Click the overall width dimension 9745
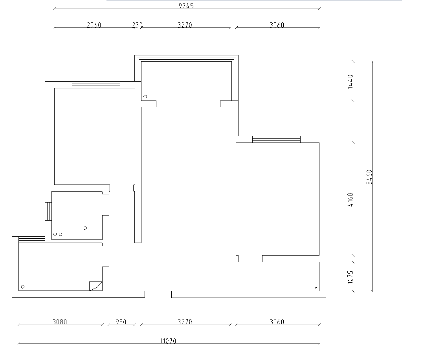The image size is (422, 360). click(186, 5)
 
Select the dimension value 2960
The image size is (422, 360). click(94, 25)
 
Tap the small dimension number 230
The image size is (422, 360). click(137, 25)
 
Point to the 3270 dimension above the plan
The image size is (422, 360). click(185, 25)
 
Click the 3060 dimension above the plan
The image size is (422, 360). click(277, 25)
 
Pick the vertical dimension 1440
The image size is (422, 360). click(350, 82)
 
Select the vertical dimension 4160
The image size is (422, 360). click(350, 199)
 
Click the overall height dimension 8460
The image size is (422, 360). click(369, 177)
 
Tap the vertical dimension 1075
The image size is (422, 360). click(350, 277)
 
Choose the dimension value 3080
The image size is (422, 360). click(60, 322)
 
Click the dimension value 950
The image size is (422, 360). click(121, 322)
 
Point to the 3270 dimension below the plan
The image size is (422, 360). click(185, 322)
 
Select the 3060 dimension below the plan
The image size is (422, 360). click(277, 322)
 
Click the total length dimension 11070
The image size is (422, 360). click(168, 341)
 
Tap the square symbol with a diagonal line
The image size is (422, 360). click(96, 286)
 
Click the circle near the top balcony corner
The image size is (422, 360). click(145, 97)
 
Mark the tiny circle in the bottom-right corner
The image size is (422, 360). click(316, 288)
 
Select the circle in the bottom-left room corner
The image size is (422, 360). click(23, 287)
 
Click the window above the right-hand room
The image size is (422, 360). click(276, 139)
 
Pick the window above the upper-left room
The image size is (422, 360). click(96, 85)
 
